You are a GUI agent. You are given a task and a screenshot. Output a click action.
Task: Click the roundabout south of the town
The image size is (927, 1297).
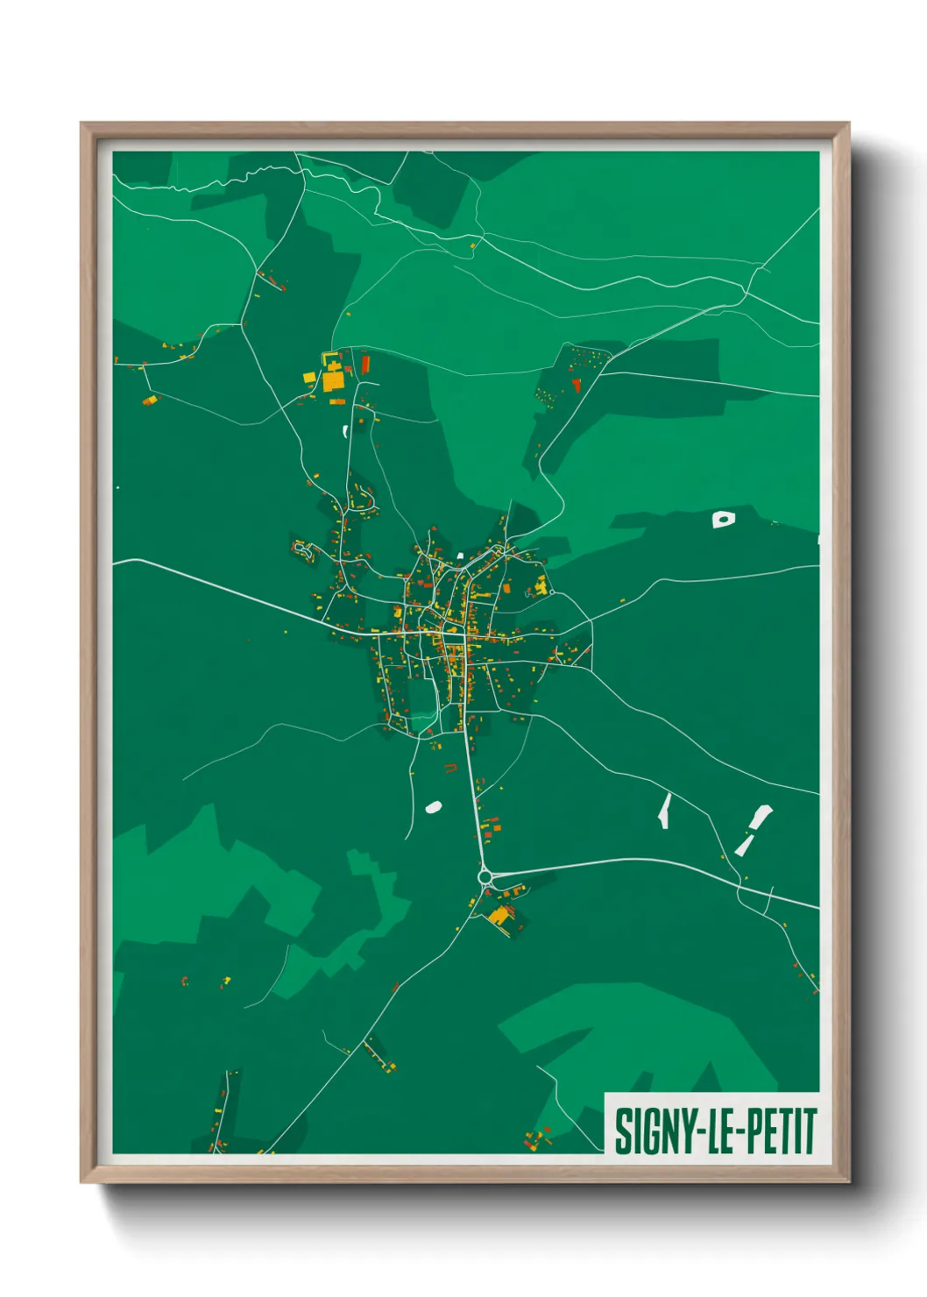(x=485, y=875)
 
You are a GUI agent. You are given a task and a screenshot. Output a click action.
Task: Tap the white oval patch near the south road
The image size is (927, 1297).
(x=433, y=806)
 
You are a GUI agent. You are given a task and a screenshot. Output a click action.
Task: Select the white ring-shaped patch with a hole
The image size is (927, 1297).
(x=723, y=519)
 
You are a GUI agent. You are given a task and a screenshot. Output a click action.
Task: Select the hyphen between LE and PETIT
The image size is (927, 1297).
(x=737, y=1131)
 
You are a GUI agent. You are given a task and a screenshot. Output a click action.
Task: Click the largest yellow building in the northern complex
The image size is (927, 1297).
(x=334, y=381)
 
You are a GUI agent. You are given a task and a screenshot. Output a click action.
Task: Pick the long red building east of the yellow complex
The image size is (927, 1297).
(x=365, y=364)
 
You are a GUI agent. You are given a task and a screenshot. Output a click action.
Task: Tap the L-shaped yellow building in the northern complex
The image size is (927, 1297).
(x=308, y=377)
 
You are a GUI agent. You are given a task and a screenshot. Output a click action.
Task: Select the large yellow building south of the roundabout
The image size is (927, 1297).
(x=498, y=916)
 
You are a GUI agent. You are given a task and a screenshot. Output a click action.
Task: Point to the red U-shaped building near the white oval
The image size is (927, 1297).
(x=450, y=769)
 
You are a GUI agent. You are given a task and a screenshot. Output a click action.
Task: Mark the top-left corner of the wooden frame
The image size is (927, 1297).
(x=81, y=124)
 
